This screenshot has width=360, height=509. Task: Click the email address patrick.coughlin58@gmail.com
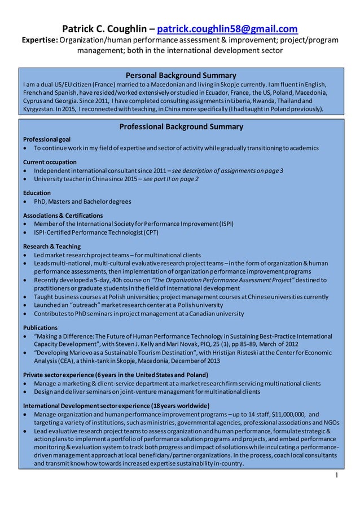click(x=227, y=29)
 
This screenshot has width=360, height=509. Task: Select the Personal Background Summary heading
click(x=181, y=75)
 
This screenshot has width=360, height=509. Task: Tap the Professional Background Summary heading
click(x=181, y=127)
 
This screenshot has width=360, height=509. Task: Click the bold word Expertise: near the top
click(x=39, y=41)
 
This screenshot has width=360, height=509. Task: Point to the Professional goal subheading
click(x=47, y=139)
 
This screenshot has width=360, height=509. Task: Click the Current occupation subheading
click(x=50, y=163)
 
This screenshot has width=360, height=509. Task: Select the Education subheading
click(x=37, y=193)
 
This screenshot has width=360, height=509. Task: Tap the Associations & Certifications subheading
click(x=63, y=216)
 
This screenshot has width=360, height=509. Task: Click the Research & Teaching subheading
click(x=52, y=247)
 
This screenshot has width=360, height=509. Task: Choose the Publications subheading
click(x=40, y=327)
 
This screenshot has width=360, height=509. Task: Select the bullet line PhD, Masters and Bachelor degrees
click(x=82, y=201)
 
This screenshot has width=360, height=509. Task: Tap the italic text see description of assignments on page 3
click(x=227, y=171)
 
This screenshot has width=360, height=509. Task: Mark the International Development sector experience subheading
click(x=116, y=406)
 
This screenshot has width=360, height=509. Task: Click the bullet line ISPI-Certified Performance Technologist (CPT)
click(x=94, y=232)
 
